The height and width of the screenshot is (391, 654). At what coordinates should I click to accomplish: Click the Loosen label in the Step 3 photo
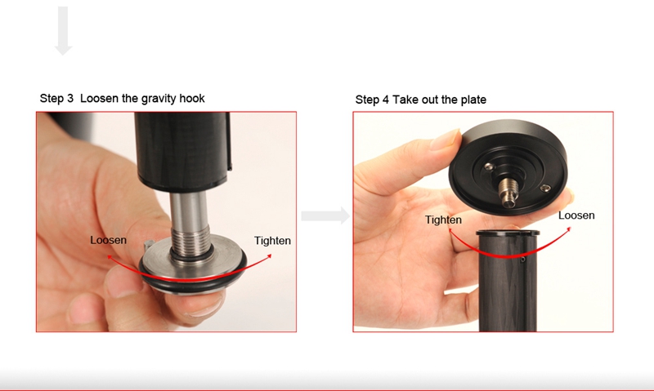pyautogui.click(x=109, y=240)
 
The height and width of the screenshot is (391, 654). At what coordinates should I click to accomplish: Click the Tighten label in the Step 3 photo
pyautogui.click(x=272, y=241)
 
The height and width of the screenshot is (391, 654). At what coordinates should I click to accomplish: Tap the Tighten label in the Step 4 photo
pyautogui.click(x=443, y=220)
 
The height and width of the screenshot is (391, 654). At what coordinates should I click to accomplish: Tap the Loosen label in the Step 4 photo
pyautogui.click(x=576, y=215)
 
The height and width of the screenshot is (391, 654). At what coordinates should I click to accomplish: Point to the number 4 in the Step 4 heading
pyautogui.click(x=385, y=100)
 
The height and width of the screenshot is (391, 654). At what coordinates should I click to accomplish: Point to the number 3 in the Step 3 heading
pyautogui.click(x=69, y=99)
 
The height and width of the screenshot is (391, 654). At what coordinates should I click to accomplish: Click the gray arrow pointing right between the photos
pyautogui.click(x=325, y=215)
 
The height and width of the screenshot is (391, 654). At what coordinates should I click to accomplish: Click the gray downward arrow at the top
pyautogui.click(x=64, y=31)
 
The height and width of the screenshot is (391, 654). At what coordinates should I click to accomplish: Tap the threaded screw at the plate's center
pyautogui.click(x=507, y=192)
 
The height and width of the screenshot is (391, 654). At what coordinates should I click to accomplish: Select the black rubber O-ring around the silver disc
pyautogui.click(x=193, y=284)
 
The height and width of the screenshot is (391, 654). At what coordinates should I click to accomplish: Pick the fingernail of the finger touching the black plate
pyautogui.click(x=445, y=140)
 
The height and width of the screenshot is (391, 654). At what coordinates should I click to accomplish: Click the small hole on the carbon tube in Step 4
pyautogui.click(x=523, y=260)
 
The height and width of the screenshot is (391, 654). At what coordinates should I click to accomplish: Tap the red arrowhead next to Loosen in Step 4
pyautogui.click(x=568, y=229)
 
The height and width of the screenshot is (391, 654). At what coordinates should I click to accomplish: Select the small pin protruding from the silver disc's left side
pyautogui.click(x=148, y=245)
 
